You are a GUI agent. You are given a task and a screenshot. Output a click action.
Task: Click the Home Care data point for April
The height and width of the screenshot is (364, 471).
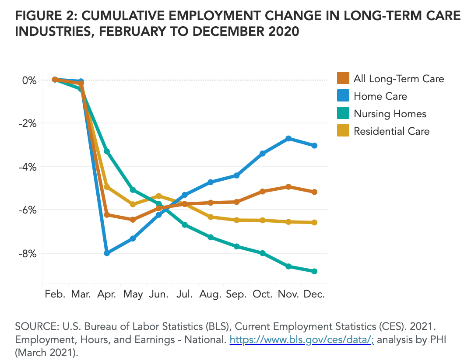[x=107, y=253]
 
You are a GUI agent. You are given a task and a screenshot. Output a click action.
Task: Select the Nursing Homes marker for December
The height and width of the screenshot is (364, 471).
[x=314, y=271]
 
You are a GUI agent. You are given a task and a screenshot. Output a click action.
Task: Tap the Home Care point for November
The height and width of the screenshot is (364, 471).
[x=288, y=138]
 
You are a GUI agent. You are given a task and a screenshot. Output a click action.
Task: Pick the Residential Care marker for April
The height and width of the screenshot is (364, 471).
[x=107, y=187]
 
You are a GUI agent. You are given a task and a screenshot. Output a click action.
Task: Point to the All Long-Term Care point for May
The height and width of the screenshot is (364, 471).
[x=133, y=220]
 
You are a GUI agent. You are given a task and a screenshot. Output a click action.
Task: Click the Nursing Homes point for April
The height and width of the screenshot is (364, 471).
[x=107, y=151]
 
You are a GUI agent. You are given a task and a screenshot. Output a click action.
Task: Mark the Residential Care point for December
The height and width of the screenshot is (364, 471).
[x=314, y=222]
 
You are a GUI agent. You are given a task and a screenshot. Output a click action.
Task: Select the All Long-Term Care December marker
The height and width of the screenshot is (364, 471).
[x=314, y=192]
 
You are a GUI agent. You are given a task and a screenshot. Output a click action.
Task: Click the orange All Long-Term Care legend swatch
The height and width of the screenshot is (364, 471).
[x=343, y=79]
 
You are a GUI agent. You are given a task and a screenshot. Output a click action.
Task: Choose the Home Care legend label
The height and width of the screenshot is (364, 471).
[x=380, y=96]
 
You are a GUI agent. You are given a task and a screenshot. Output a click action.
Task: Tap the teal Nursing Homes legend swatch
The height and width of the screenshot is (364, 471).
[x=343, y=114]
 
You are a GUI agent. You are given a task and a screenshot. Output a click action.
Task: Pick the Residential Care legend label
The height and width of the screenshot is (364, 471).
[x=391, y=131]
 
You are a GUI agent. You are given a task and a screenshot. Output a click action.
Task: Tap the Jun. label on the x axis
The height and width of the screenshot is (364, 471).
[x=159, y=294]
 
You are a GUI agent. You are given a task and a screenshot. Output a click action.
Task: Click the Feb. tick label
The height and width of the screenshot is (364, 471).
[x=55, y=294]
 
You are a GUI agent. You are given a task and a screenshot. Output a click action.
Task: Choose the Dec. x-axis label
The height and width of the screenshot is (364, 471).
[x=314, y=294]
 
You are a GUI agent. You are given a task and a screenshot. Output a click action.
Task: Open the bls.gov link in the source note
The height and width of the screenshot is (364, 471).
[x=302, y=339]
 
